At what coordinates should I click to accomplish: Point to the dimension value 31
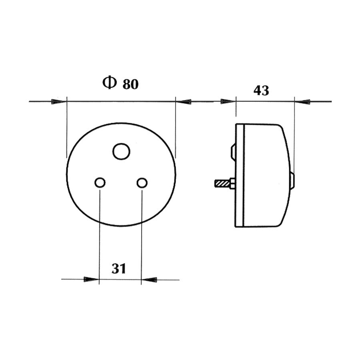[x=119, y=268]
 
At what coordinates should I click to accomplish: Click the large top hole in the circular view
[x=121, y=152]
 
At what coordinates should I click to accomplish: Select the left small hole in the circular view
[x=100, y=183]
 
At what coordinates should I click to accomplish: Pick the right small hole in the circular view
[x=142, y=183]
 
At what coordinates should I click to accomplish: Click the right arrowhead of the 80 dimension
[x=184, y=102]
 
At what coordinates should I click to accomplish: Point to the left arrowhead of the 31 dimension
[x=91, y=279]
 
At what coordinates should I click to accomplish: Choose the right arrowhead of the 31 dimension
[x=150, y=279]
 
